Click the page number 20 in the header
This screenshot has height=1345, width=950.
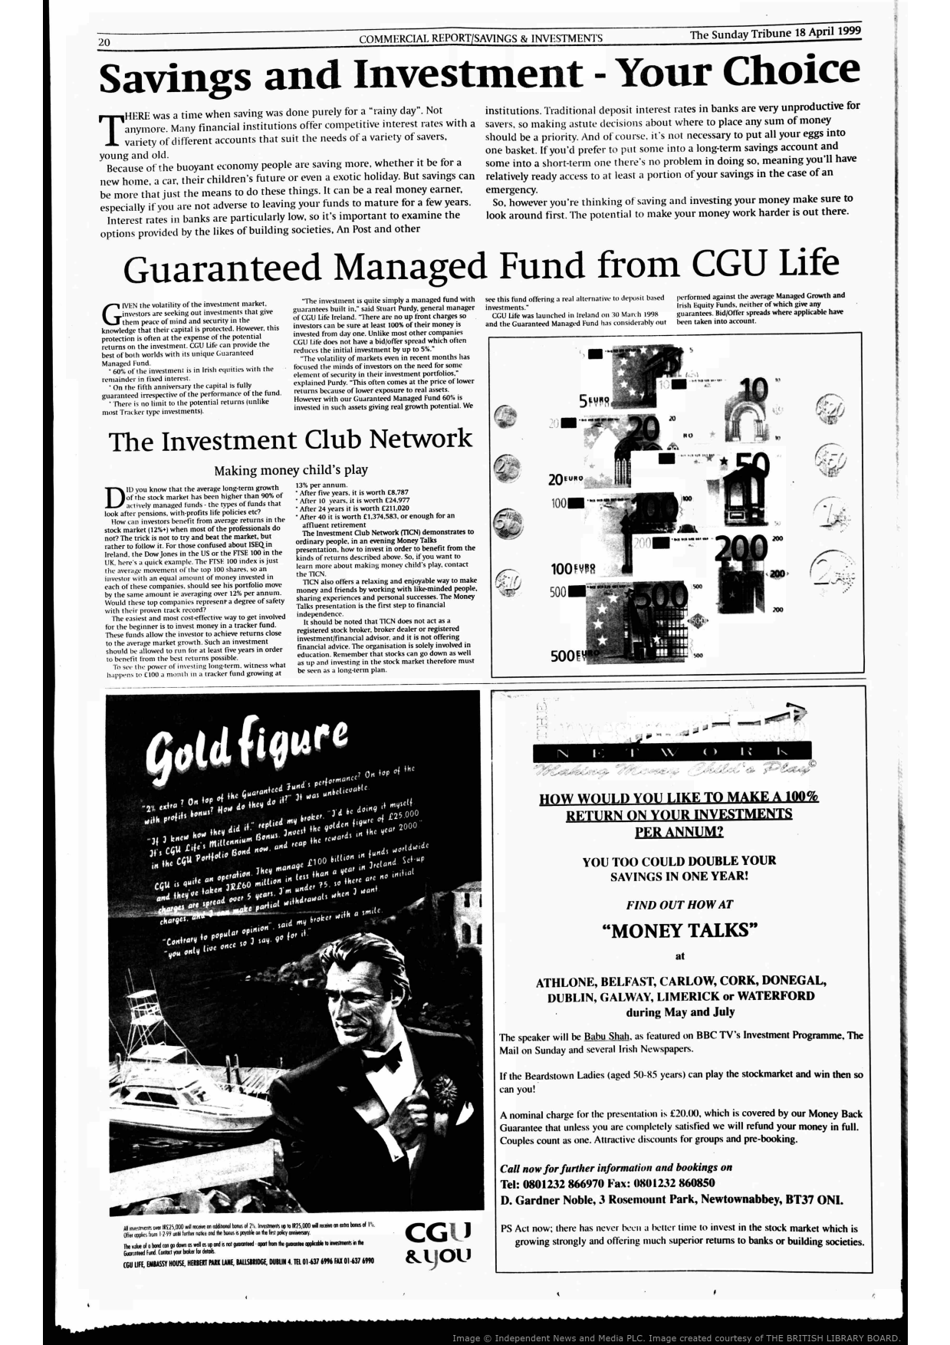106,41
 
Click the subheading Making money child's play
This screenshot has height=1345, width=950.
291,469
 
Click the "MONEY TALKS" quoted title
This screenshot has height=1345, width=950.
679,930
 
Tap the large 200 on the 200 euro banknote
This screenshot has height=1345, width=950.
740,547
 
